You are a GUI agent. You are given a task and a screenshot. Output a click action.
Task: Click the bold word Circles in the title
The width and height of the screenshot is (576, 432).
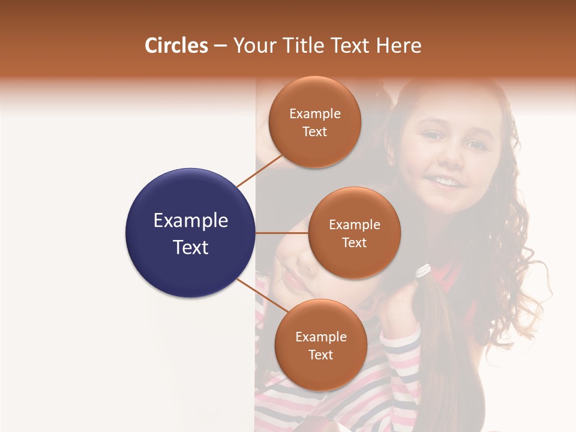tap(176, 45)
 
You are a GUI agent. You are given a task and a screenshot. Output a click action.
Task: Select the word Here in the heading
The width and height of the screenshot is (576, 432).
tap(399, 45)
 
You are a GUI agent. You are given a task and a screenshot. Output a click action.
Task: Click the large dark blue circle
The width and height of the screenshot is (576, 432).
tap(190, 232)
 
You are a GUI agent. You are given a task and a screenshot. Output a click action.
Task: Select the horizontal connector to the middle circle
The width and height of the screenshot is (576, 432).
tap(281, 233)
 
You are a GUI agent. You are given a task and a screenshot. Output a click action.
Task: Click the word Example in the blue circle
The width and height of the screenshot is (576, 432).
tap(190, 221)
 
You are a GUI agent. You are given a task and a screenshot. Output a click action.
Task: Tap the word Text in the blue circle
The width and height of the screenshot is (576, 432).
tap(190, 247)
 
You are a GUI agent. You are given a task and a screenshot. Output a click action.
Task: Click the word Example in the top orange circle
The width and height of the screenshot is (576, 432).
tap(315, 113)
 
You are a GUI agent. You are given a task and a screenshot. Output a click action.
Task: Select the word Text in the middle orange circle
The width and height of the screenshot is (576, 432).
tap(355, 242)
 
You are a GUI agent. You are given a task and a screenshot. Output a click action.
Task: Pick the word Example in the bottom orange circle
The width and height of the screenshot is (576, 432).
tap(320, 337)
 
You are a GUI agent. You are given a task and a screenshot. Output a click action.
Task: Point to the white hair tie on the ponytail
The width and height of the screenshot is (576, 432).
tap(423, 271)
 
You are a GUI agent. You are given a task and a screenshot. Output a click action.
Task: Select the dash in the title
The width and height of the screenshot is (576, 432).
tap(220, 46)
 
